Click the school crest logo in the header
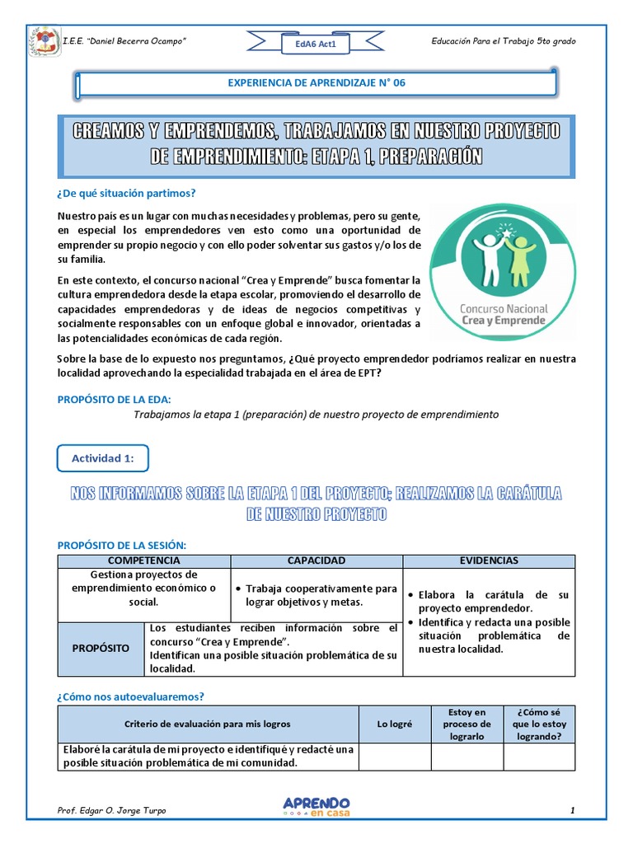44,42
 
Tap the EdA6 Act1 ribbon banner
316,45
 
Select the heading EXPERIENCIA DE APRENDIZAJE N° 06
316,83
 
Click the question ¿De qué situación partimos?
126,194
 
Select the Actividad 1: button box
103,458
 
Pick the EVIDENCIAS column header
489,560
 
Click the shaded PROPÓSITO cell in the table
101,649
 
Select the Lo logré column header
394,724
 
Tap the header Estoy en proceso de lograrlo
467,724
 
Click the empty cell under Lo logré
394,756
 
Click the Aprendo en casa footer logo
316,807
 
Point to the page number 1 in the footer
572,811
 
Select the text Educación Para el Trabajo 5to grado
504,41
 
